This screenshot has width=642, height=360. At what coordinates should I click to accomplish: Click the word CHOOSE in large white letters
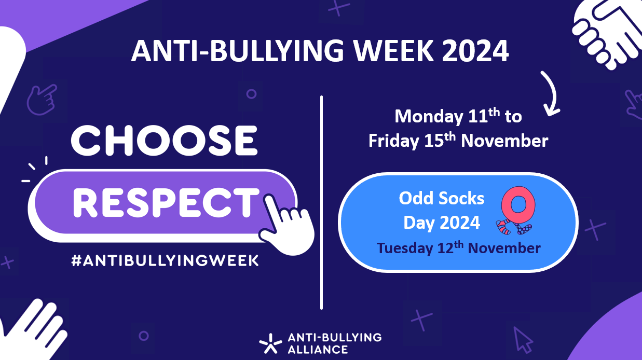point(164,141)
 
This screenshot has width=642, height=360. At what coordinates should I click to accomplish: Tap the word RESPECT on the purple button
point(166,203)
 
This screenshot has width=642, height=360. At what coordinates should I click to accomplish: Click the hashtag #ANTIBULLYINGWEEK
point(165,260)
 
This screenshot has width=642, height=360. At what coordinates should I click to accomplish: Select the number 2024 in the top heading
point(475,51)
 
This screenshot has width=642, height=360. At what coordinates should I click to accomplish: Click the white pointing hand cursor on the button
point(286,225)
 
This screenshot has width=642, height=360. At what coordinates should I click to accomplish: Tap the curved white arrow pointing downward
point(550,93)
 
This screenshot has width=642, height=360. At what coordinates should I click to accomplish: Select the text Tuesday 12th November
point(459,248)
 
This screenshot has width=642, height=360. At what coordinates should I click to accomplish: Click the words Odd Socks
point(441,199)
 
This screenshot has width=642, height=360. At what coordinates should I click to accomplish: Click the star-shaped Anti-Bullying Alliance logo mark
point(270,343)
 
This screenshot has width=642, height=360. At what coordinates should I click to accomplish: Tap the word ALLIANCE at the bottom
point(318,350)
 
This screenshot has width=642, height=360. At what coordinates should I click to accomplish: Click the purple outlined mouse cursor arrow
point(523,340)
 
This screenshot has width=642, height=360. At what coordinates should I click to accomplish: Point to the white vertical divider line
point(321,202)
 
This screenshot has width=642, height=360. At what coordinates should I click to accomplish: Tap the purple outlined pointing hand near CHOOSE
point(42,100)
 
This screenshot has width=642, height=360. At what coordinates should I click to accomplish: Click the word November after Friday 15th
point(504,141)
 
